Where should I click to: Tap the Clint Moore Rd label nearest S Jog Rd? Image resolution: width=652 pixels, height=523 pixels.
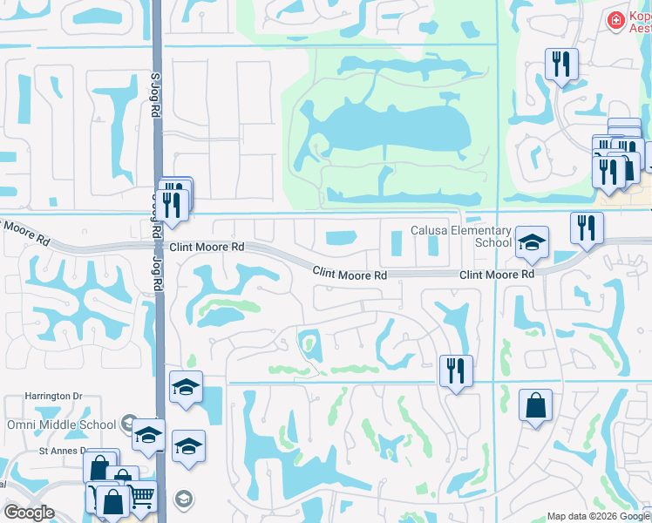tap(207, 248)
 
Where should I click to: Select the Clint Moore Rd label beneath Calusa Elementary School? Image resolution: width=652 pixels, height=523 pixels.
tap(497, 275)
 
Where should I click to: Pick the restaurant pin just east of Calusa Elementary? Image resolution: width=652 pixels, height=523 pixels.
tap(587, 228)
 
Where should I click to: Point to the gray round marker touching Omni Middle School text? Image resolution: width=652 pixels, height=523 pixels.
tap(130, 423)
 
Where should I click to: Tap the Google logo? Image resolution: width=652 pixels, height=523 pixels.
tap(30, 513)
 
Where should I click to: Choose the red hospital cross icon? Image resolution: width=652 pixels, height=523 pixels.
tap(616, 18)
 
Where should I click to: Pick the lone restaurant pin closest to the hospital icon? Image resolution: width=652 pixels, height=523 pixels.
tap(560, 65)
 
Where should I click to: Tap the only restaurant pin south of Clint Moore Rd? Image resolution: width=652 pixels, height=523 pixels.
tap(456, 370)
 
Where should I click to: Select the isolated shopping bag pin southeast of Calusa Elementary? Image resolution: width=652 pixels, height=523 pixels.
tap(535, 406)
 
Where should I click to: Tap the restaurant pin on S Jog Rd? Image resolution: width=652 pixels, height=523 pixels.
tap(172, 206)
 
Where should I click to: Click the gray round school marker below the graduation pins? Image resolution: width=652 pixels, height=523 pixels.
tap(183, 499)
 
